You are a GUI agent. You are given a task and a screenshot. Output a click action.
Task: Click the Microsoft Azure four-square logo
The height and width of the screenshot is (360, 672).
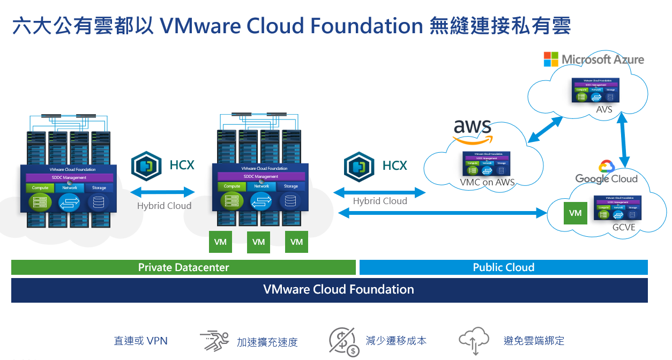coord(551,59)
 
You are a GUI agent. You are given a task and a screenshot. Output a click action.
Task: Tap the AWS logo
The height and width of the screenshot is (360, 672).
coord(472,131)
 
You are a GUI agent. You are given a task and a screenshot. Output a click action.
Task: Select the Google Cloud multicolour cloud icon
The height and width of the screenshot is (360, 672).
coord(606,166)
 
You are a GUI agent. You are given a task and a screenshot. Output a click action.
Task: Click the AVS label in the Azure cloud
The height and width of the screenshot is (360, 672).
coord(604,110)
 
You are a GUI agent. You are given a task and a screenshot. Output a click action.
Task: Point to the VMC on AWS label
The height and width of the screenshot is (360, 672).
coord(487,182)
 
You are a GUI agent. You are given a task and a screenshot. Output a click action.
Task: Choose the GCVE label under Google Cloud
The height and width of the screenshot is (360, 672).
coord(624,227)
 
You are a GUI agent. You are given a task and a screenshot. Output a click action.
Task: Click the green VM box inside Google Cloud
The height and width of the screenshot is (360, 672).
coord(575,213)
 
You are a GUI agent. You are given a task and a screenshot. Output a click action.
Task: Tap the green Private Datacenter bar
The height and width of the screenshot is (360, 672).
coord(183,267)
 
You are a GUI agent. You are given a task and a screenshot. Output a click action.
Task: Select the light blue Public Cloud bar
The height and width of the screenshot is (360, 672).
coord(503,267)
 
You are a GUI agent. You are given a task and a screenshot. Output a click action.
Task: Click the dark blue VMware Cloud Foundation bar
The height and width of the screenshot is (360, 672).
coord(329,290)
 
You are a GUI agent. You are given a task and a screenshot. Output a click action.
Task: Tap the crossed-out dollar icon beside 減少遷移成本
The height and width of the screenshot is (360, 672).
coord(343,341)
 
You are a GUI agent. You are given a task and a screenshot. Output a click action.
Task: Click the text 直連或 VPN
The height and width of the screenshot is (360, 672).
coord(141,341)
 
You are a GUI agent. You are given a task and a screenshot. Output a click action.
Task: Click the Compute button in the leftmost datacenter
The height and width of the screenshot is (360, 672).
coord(40,188)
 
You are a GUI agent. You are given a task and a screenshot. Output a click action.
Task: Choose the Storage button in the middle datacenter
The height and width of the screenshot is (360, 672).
coord(291,186)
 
